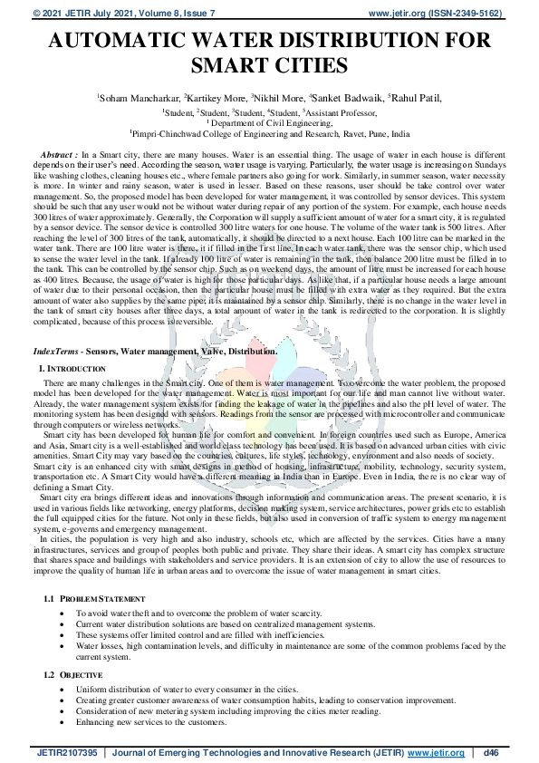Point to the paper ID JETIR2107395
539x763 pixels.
click(66, 751)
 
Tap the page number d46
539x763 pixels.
click(492, 751)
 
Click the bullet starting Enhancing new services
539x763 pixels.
click(151, 722)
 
